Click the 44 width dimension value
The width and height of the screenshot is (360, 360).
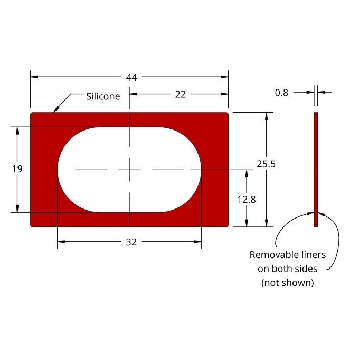click(131, 78)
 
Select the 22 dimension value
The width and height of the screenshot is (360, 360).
click(180, 95)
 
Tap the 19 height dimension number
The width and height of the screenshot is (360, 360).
click(17, 169)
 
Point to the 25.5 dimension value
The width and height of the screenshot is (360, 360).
click(266, 164)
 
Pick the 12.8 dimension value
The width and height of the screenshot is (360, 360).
click(247, 200)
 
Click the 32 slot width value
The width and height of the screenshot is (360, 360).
click(131, 242)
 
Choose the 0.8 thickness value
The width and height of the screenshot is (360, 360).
click(282, 93)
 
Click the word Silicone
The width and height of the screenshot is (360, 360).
click(103, 97)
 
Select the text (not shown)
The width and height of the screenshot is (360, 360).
click(288, 283)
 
